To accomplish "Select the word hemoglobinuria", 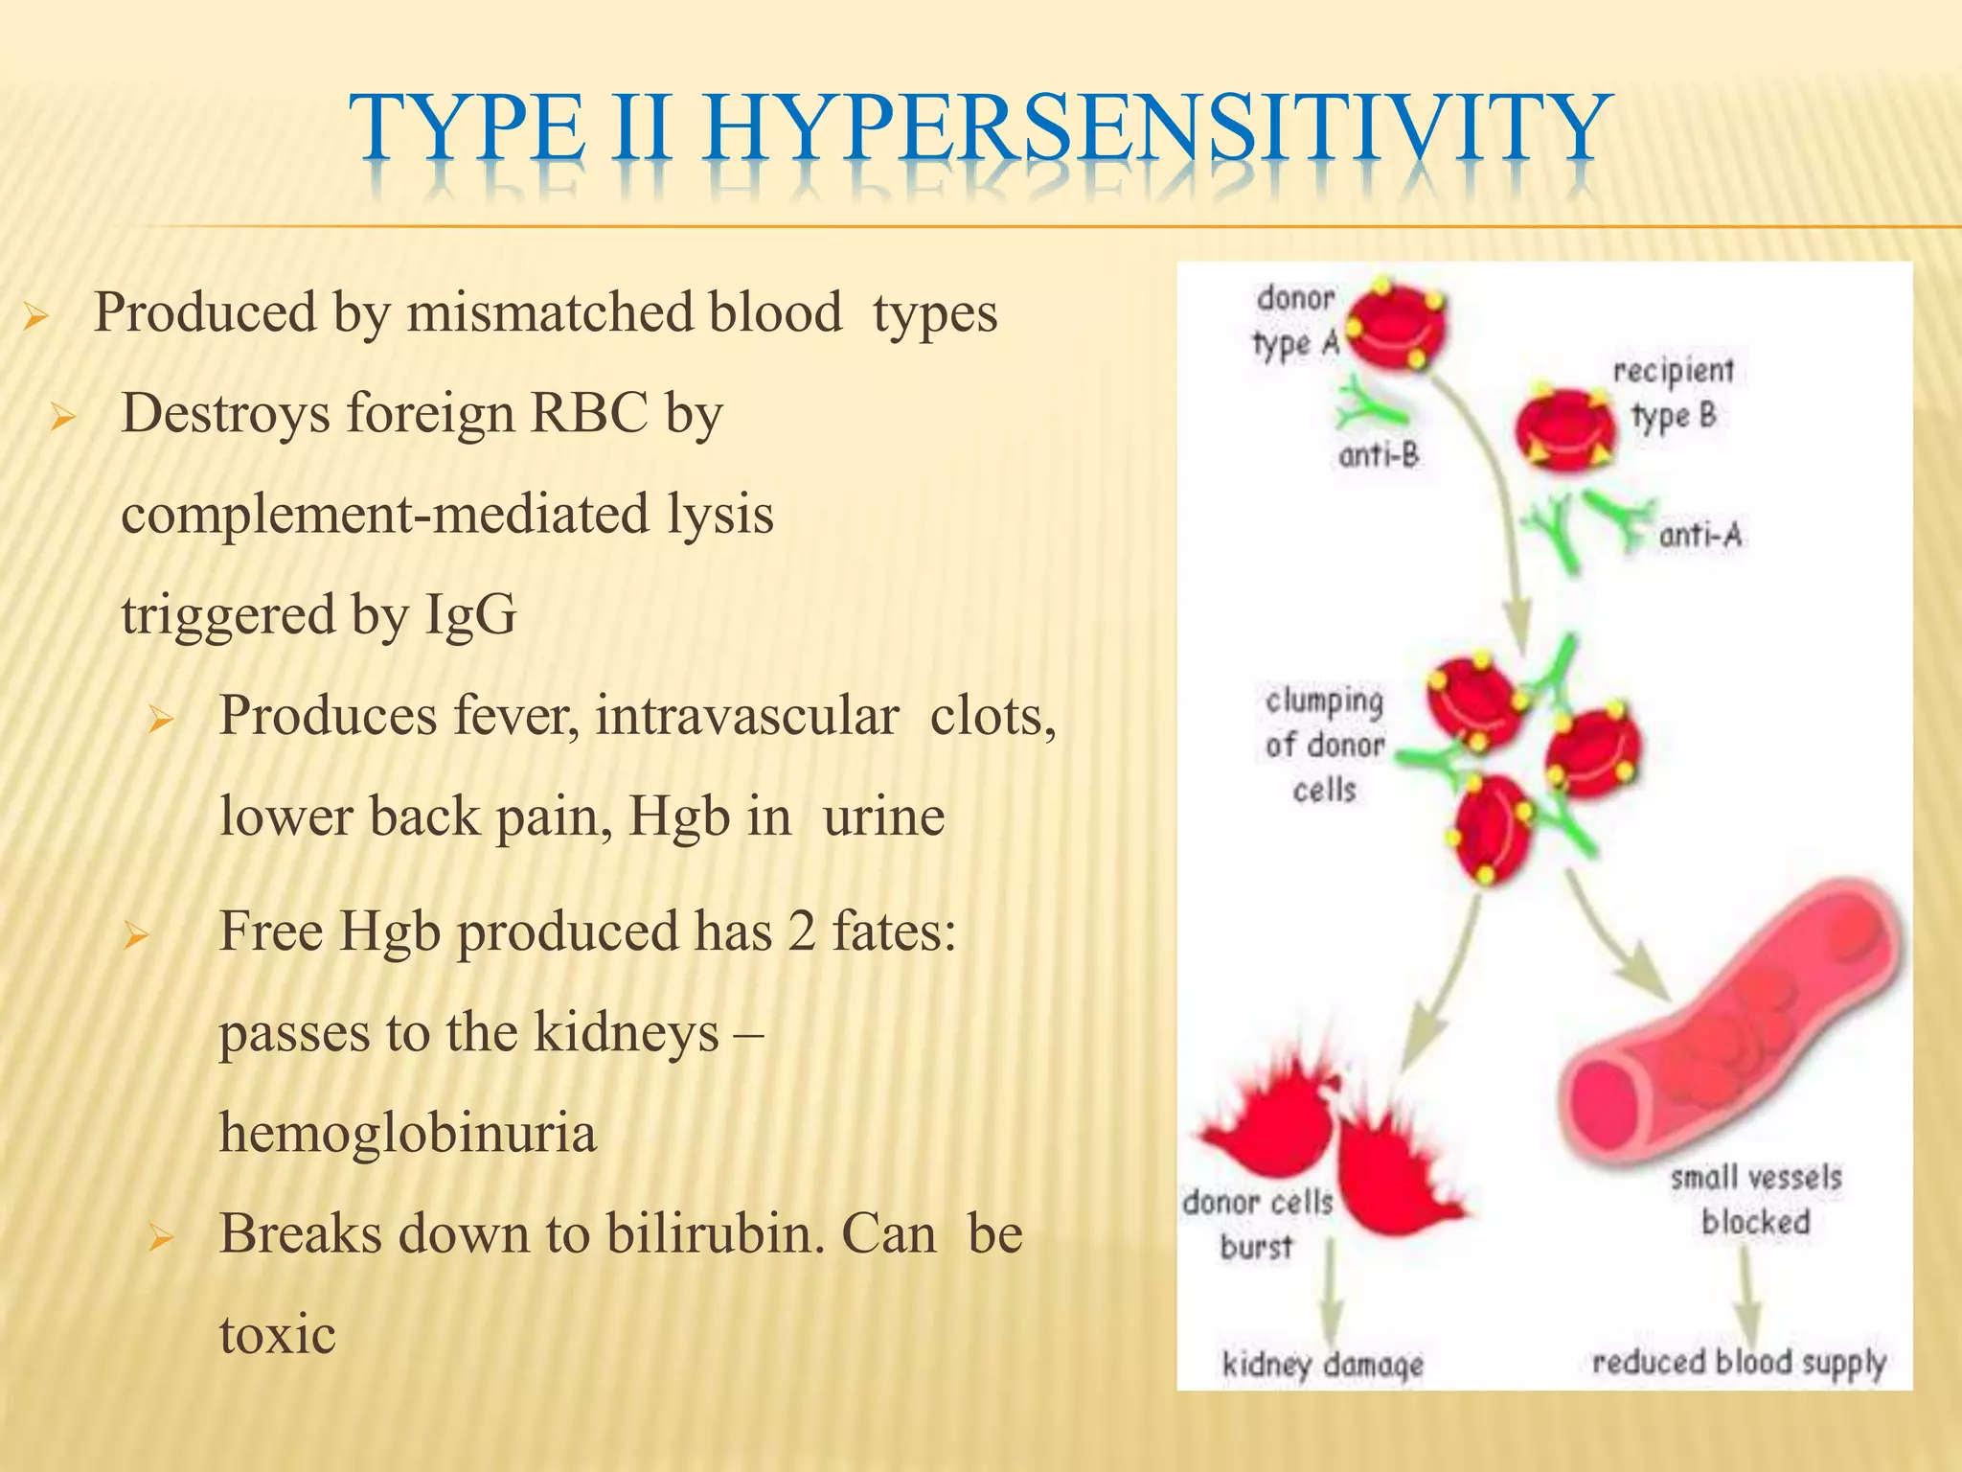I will tap(407, 1133).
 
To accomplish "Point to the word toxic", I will tap(277, 1335).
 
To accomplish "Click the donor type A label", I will tap(1295, 321).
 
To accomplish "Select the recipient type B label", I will tap(1673, 393).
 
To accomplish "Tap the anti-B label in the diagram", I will tap(1378, 455).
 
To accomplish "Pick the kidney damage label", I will tap(1322, 1364).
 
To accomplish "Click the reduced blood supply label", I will tap(1738, 1362).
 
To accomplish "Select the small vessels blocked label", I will tap(1755, 1200).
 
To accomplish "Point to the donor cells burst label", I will tap(1257, 1224).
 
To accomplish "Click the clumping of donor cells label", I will tap(1324, 746).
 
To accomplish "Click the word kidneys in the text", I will tap(626, 1033).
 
